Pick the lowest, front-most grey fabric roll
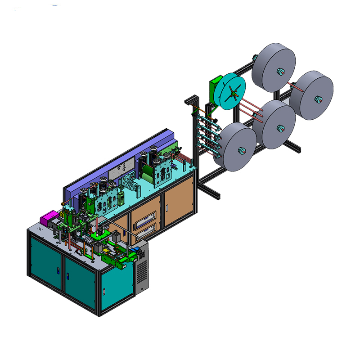point(236,146)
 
